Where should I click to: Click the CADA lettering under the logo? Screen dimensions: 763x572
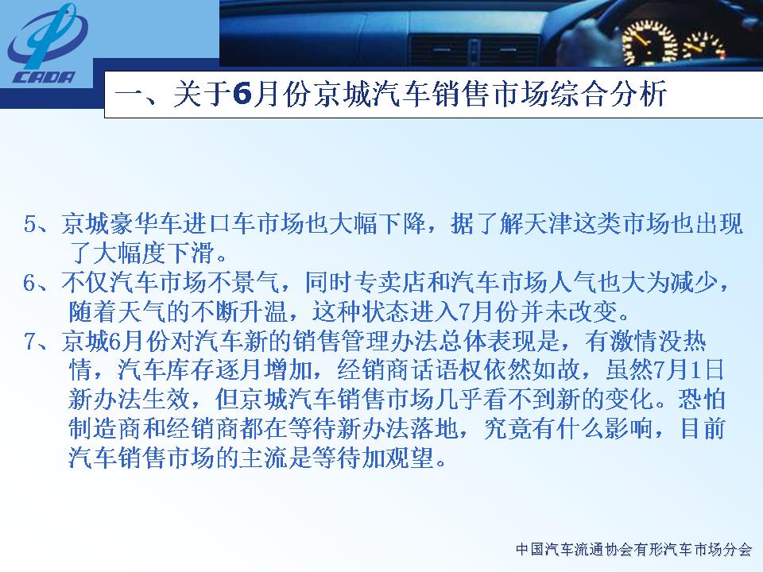[44, 77]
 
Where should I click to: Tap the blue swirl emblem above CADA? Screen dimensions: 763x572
[47, 36]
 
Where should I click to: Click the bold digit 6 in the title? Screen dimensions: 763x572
[242, 94]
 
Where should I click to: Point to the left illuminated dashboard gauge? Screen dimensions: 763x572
[649, 41]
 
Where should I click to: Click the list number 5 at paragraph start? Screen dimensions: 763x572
[30, 225]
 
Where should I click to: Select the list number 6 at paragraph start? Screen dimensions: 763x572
[30, 283]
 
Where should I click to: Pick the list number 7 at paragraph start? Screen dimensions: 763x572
[30, 342]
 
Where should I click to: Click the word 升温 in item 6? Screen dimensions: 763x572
[263, 311]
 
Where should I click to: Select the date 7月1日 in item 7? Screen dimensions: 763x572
[689, 370]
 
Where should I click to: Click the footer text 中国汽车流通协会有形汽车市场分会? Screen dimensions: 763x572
[633, 550]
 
